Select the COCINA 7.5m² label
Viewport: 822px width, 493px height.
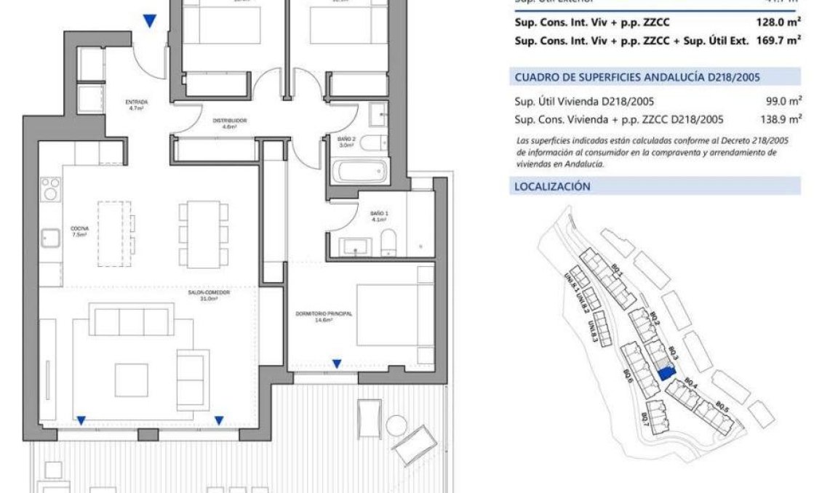(x=79, y=231)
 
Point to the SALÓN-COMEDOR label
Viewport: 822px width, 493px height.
(x=209, y=295)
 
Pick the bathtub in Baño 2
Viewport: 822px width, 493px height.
(x=359, y=173)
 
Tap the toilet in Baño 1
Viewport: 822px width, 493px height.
(x=388, y=240)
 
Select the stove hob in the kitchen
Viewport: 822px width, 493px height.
(x=50, y=189)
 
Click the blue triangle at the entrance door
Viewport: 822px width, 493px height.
(x=150, y=22)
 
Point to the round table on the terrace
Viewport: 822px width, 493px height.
(x=396, y=423)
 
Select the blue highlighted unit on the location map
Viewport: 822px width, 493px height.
(x=665, y=374)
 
